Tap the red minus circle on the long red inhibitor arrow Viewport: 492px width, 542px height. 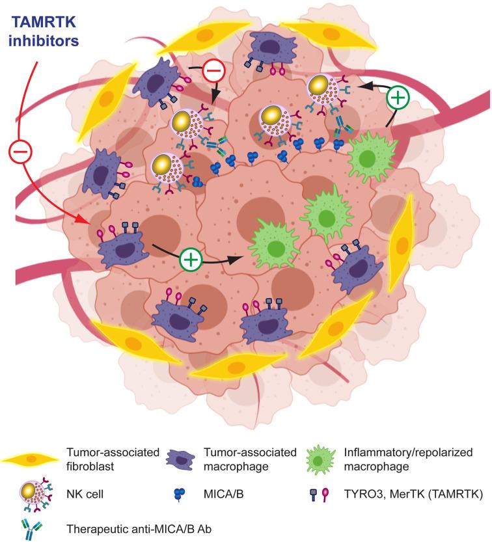[x=18, y=154]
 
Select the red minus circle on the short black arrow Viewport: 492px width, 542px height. [x=213, y=70]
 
